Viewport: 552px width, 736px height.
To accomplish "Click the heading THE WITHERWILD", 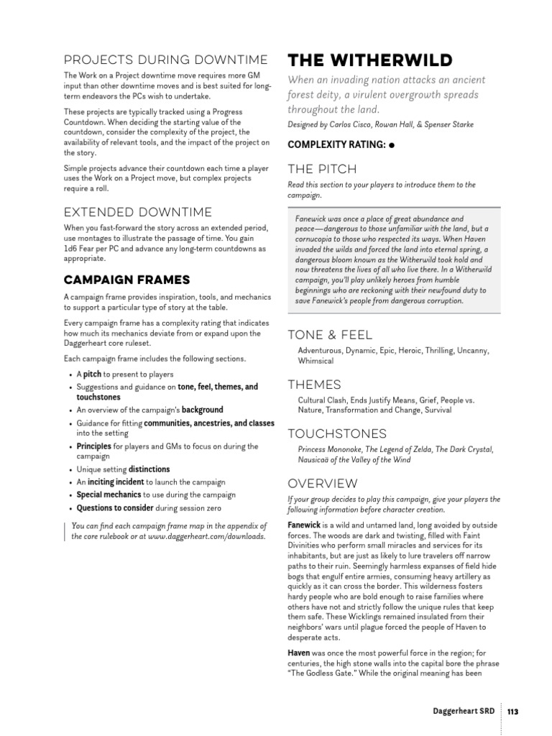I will point(369,59).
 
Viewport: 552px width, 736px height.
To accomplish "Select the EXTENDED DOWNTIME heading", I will point(137,212).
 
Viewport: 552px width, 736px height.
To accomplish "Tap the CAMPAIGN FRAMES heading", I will point(126,279).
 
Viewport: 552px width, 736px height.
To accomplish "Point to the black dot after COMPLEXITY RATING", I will point(392,145).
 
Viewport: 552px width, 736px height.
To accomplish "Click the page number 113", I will point(512,712).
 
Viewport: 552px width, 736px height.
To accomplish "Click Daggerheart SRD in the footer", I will point(464,712).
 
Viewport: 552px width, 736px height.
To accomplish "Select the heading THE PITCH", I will point(321,169).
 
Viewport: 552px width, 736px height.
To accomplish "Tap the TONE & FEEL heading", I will point(330,334).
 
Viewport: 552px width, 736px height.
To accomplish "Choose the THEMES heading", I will point(314,384).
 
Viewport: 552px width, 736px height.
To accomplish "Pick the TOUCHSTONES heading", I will point(336,433).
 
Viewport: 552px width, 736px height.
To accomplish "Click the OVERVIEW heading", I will point(322,483).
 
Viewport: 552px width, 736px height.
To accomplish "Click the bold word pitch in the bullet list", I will point(92,374).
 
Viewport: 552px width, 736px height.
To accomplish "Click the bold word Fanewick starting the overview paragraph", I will point(304,525).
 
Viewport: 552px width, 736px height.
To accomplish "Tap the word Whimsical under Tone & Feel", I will point(316,361).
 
